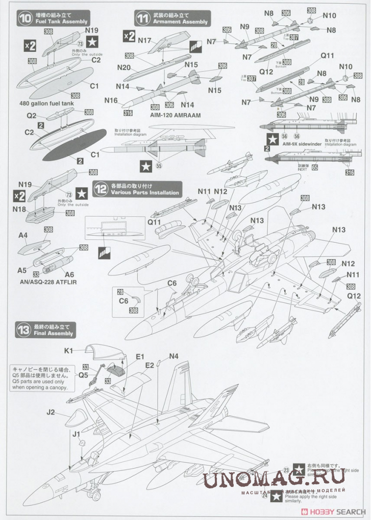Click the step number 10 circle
(24, 19)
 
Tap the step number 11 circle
(142, 19)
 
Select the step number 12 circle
(101, 190)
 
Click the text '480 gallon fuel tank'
(45, 103)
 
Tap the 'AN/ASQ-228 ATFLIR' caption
(47, 282)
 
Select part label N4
(174, 356)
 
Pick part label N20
(124, 67)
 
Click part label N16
(111, 100)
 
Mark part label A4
(23, 236)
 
